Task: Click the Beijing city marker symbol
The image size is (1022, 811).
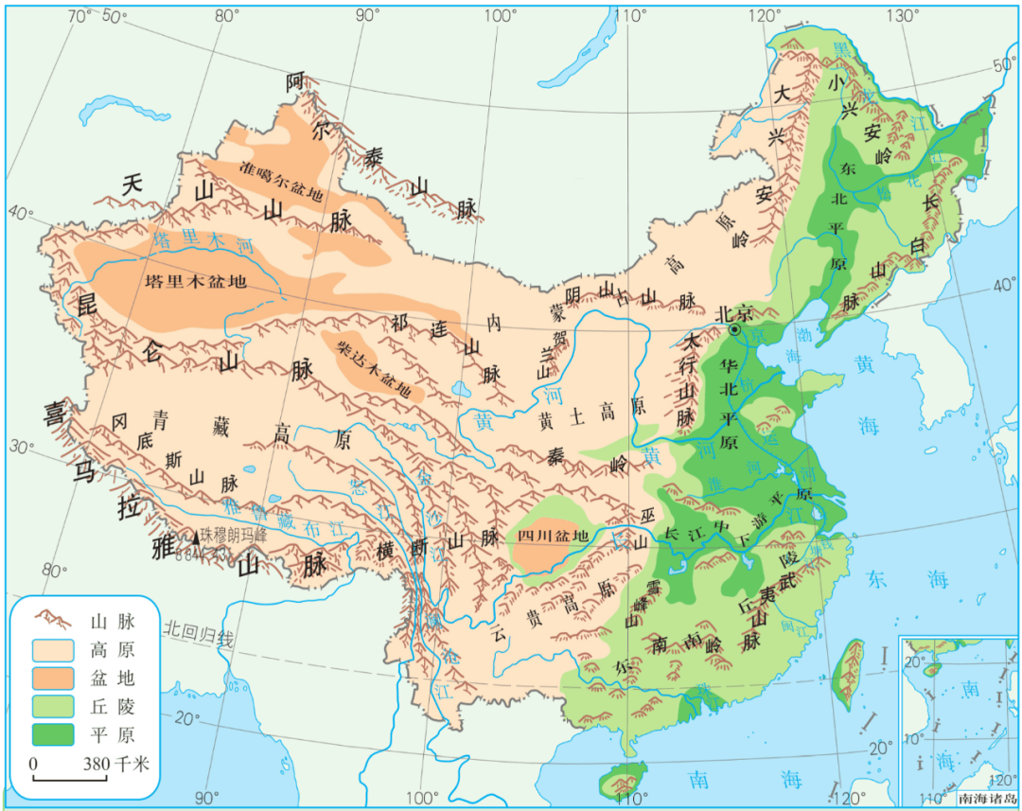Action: click(x=734, y=329)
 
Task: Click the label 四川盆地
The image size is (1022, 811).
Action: click(x=553, y=536)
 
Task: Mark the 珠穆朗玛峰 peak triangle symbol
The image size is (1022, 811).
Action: click(x=197, y=538)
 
